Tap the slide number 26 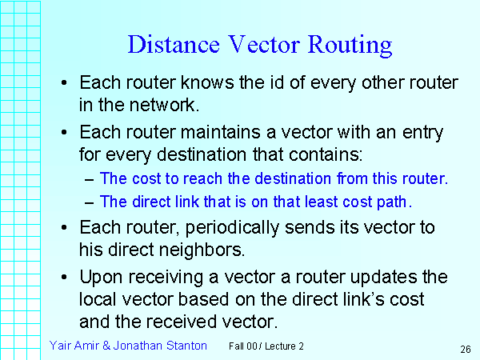465,349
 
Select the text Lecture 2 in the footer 283,346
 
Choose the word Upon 100,277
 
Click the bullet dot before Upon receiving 65,277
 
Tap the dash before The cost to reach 89,179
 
